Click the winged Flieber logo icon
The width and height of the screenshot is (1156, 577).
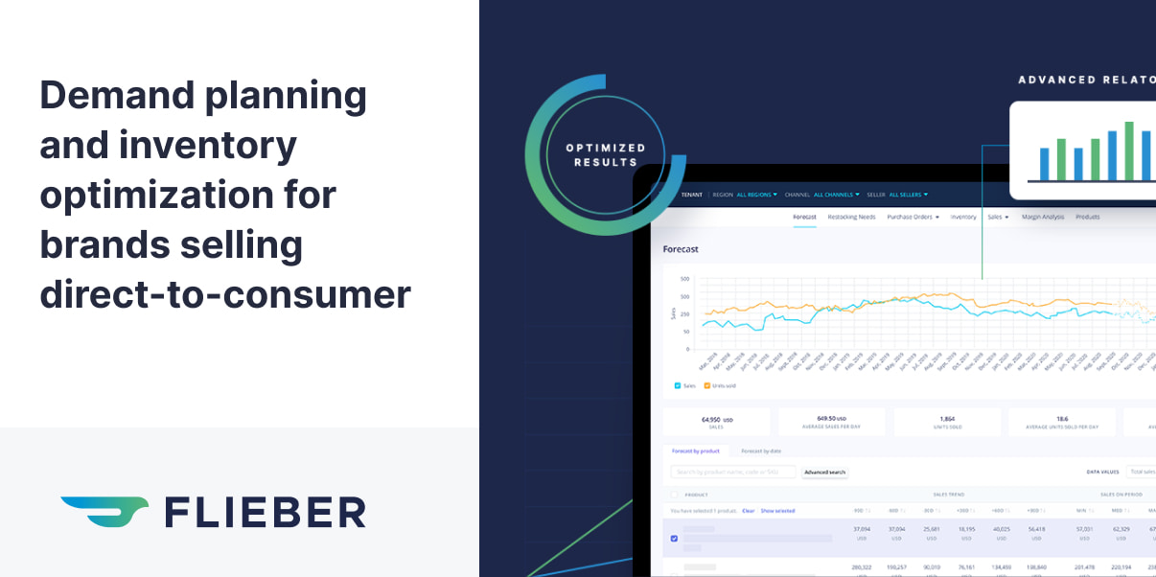tap(104, 511)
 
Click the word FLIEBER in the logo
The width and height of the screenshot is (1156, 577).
tap(266, 512)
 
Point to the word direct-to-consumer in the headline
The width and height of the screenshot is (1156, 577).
tap(225, 294)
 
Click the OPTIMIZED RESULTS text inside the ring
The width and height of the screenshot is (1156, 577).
tap(605, 154)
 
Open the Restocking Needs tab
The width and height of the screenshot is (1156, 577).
tap(851, 218)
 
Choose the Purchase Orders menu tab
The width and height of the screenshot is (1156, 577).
tap(912, 218)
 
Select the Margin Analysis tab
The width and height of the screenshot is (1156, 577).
tap(1043, 218)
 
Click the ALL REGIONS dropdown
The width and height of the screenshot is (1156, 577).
tap(756, 195)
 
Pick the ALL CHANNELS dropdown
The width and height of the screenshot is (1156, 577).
tap(836, 195)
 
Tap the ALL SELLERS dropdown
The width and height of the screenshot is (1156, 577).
tap(908, 195)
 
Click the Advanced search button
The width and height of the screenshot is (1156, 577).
tap(824, 473)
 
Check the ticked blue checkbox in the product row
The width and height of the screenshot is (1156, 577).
tap(674, 539)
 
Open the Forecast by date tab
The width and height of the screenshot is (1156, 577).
tap(761, 450)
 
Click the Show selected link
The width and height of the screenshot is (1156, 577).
tap(777, 511)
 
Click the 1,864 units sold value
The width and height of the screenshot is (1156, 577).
tap(947, 419)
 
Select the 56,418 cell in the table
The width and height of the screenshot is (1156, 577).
tap(1035, 528)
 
